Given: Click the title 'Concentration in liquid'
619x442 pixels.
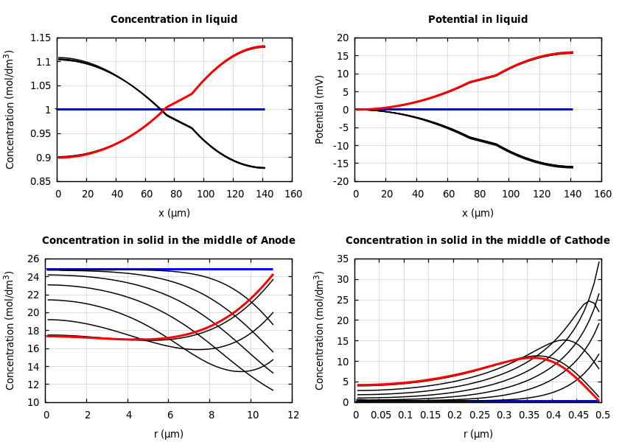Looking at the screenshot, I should [174, 20].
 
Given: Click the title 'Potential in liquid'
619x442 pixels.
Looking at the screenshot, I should [478, 20].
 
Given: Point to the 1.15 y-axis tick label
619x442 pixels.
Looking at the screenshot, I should [41, 38].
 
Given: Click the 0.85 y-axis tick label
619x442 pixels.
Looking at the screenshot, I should [41, 181].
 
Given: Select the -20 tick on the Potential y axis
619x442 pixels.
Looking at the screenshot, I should [341, 181].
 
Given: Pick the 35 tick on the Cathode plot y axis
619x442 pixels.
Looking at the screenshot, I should [343, 259].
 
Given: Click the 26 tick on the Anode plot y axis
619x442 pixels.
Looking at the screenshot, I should [33, 259].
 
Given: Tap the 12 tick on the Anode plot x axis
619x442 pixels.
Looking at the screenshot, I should [293, 415].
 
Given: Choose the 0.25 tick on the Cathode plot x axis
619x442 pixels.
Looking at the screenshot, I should [479, 415].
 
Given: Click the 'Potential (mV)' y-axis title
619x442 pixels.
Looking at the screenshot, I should [320, 109].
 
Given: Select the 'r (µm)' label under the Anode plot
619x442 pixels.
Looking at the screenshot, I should [169, 434].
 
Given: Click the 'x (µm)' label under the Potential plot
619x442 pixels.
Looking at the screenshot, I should [478, 213].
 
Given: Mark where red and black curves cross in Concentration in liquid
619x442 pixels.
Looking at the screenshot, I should [162, 110].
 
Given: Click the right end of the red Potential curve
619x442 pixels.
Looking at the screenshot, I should [572, 52].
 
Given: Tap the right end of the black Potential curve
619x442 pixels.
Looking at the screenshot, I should [572, 167].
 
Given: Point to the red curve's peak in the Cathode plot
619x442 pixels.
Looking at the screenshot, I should [536, 357].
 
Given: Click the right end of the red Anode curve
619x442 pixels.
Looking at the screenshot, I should [273, 275].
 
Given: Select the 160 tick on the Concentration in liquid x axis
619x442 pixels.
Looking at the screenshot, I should [293, 194].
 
